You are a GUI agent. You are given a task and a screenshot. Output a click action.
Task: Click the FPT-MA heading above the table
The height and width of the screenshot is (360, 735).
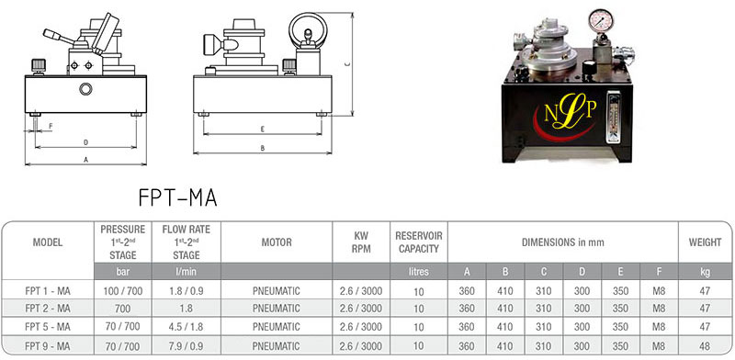178,197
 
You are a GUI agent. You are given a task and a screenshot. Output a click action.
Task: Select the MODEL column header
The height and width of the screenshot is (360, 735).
48,242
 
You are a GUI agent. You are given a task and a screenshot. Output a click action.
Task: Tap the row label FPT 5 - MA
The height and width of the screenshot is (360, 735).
48,326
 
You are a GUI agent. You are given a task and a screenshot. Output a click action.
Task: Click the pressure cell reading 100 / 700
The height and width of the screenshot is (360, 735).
123,291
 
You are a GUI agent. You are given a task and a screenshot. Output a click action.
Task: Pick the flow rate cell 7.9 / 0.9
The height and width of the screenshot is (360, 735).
187,346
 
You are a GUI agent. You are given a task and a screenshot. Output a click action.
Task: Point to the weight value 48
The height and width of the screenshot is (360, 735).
705,346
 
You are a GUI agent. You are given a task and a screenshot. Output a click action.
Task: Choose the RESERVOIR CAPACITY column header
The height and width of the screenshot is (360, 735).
419,242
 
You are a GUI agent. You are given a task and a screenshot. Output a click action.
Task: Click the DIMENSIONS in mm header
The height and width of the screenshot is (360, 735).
562,242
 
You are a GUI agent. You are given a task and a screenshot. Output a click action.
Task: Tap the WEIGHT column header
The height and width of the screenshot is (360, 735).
705,242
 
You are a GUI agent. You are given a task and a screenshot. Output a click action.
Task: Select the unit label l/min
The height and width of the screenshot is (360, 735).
187,272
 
